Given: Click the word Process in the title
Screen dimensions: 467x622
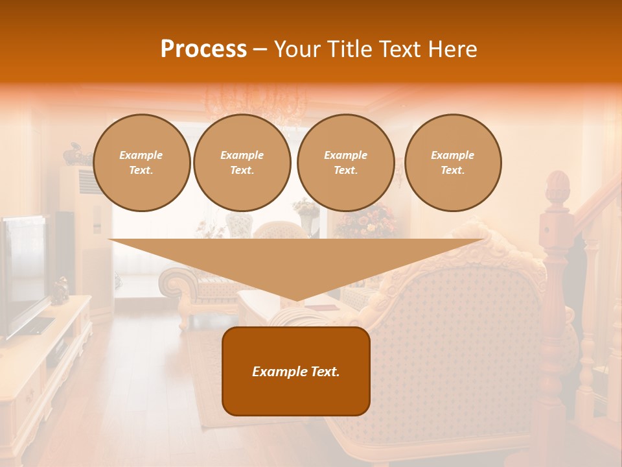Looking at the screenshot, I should pos(203,49).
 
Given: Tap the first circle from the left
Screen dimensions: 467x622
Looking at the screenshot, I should pos(141,163).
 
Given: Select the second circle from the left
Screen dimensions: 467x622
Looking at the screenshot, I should pos(242,163).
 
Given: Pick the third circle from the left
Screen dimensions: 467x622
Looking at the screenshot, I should pos(345,163).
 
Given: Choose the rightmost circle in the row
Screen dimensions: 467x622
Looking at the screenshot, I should pos(452,163).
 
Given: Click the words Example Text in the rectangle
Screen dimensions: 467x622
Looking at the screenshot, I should pos(296,372).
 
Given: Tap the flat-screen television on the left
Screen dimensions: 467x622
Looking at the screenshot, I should pos(23,272).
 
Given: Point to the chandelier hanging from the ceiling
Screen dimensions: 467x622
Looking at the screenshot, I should pos(256,104).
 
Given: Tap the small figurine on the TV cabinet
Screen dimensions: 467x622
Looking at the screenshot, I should pos(60,289).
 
